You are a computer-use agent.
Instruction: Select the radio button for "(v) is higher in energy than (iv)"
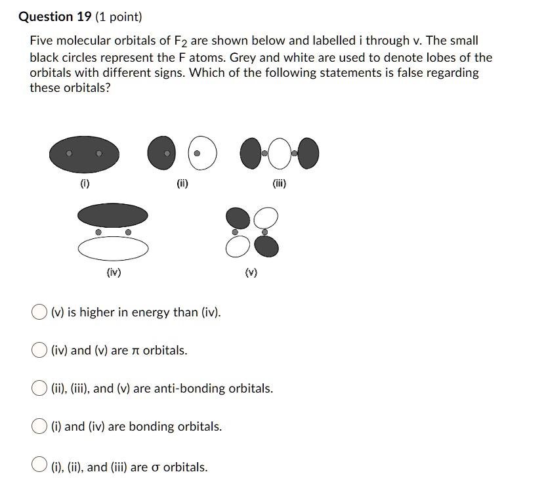coord(39,312)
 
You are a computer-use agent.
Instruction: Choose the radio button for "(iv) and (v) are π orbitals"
coord(39,351)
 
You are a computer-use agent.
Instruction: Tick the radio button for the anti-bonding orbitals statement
coord(39,389)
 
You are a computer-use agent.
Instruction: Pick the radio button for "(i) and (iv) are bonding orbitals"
coord(39,427)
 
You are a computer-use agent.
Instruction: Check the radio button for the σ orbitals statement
coord(39,467)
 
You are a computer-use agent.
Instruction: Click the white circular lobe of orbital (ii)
coord(203,154)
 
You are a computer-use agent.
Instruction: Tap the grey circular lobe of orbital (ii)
coord(161,154)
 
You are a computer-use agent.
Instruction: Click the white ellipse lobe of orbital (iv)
coord(112,248)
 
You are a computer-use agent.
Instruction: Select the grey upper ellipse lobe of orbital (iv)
coord(112,215)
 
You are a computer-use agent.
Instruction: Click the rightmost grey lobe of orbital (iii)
coord(309,154)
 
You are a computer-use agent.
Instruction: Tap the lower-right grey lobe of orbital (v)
coord(266,246)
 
